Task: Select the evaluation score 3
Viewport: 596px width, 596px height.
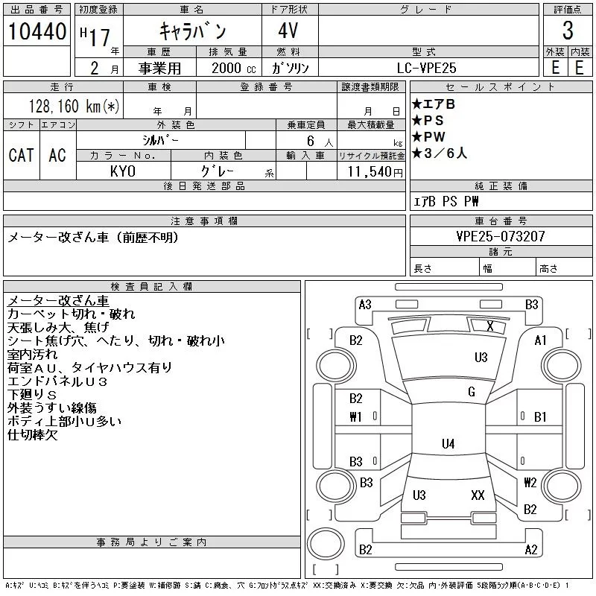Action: pos(568,31)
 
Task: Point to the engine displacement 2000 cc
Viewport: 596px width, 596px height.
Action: pos(228,67)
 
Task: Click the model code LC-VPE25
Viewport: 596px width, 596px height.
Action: pos(428,67)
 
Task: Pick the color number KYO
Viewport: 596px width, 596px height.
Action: pos(123,171)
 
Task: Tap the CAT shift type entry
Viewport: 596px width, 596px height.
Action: pos(21,155)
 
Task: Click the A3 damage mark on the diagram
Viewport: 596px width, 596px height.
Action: pos(365,304)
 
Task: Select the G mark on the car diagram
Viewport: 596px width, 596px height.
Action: pos(471,392)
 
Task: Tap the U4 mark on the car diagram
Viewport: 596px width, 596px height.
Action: pos(448,444)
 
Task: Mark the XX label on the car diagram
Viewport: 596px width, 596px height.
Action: pos(478,495)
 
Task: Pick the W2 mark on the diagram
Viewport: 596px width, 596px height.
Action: pos(530,482)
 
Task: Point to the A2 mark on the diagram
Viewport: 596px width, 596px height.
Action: pos(530,550)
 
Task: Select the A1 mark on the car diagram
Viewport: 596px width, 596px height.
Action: pos(541,340)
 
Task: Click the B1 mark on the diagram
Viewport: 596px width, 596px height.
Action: pos(541,416)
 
